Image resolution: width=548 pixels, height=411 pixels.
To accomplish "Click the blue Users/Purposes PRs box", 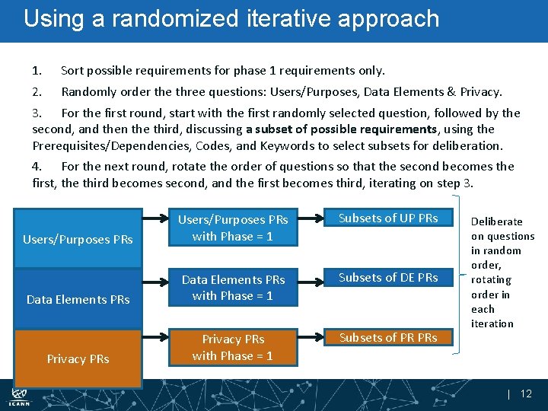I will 78,239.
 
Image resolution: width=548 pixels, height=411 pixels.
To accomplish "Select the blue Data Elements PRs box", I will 78,299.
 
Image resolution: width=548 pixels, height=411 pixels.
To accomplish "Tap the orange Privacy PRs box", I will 78,358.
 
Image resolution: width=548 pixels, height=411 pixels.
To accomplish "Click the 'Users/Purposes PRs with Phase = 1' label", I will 233,228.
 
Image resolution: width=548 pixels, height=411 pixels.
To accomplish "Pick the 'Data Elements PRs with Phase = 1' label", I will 233,288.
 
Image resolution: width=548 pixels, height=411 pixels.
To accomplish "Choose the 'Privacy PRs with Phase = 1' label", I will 233,347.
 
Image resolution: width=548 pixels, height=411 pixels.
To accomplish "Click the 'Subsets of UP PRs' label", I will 388,218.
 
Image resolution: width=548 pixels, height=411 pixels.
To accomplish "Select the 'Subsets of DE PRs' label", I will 388,278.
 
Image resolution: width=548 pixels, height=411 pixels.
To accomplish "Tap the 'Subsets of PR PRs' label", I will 388,337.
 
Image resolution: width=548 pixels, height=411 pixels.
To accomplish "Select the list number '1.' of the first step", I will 37,71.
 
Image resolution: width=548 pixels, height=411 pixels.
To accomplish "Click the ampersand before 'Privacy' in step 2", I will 451,92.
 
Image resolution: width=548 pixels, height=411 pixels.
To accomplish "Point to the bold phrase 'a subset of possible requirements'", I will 341,129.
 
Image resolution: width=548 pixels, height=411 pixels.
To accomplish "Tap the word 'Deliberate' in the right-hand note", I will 496,221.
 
